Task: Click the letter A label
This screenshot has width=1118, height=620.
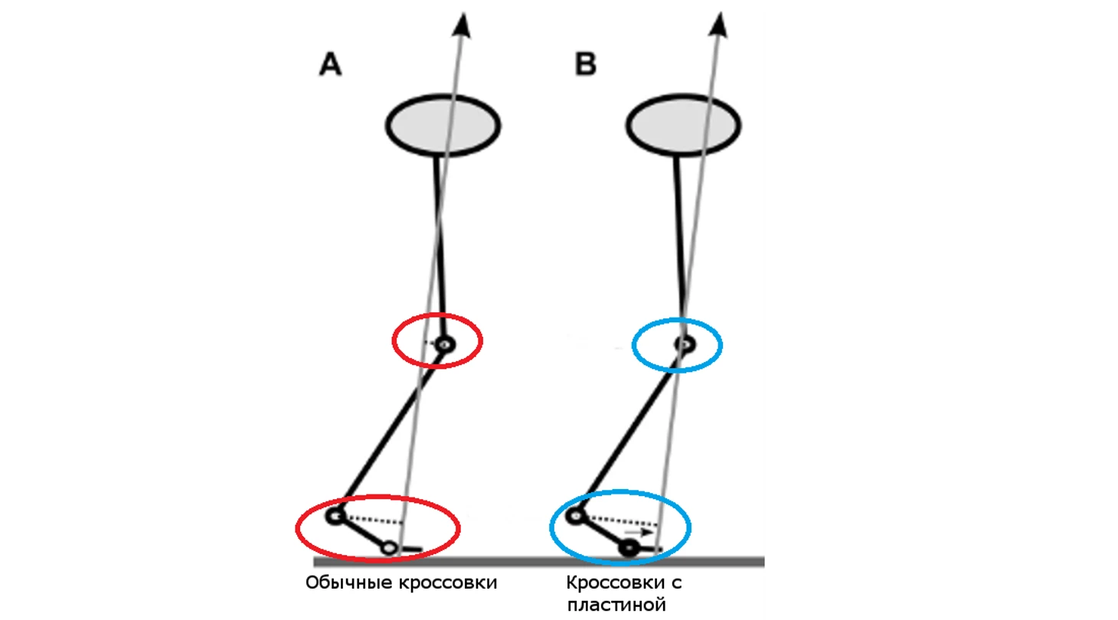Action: [330, 66]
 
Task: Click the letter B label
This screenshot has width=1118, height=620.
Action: [586, 66]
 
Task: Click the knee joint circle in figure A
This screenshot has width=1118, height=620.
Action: [443, 345]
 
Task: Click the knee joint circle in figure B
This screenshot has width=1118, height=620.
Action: [684, 344]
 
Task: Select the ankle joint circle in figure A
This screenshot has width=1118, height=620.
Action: [335, 516]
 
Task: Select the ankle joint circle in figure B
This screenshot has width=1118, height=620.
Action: [575, 516]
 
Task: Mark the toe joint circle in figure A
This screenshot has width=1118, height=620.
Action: [390, 547]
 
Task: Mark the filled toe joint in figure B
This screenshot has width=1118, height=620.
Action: [630, 547]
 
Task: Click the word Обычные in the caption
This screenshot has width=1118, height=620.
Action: [349, 583]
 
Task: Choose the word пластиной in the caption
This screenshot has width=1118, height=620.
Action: [616, 606]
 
